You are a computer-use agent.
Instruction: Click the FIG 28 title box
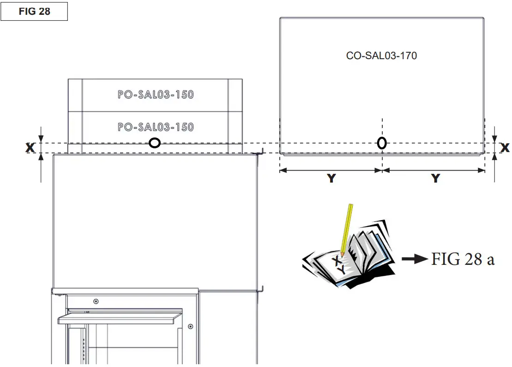(x=34, y=12)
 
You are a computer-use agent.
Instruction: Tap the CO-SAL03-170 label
(x=381, y=56)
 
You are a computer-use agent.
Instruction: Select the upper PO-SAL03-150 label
(x=156, y=95)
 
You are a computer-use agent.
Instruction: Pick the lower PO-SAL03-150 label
(x=156, y=127)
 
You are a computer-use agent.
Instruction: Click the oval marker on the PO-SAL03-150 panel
(x=155, y=143)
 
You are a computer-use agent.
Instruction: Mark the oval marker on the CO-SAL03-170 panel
(x=382, y=143)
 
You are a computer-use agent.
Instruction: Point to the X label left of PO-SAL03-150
(x=30, y=147)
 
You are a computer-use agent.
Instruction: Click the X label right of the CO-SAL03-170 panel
(x=505, y=147)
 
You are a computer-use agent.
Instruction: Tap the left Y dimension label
(x=331, y=178)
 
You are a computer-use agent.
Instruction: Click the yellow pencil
(x=346, y=229)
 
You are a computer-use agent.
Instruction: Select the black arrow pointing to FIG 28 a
(x=414, y=259)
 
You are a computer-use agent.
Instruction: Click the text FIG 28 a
(x=463, y=259)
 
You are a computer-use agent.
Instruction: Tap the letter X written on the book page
(x=337, y=262)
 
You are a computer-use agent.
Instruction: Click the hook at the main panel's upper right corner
(x=261, y=152)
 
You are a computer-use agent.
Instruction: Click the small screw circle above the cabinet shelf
(x=96, y=301)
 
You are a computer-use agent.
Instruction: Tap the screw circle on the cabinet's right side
(x=191, y=326)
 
